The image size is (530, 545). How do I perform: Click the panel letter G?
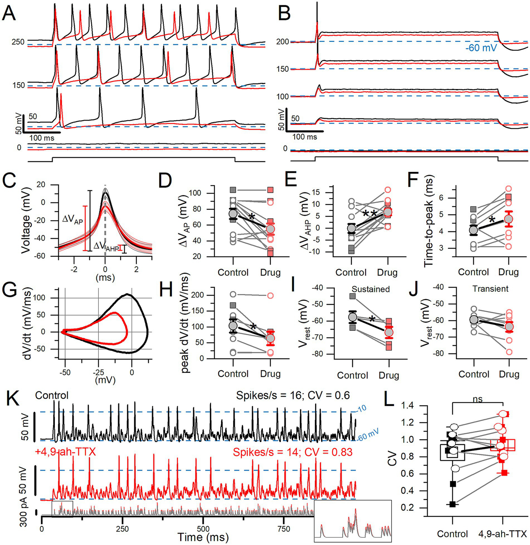[10, 291]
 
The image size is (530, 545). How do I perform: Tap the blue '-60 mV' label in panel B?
[482, 48]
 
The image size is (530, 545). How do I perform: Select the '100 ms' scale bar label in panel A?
[42, 138]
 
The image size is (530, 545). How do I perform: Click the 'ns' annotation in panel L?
[478, 399]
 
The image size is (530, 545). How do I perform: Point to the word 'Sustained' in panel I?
[370, 289]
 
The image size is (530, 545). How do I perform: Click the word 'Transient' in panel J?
[490, 289]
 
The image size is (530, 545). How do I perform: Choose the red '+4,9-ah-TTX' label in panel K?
[65, 451]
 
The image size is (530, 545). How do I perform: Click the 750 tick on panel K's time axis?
[284, 529]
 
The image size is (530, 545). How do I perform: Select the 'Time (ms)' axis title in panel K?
[203, 537]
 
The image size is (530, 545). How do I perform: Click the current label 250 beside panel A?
[18, 42]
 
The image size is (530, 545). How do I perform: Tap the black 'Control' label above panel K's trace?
[52, 395]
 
